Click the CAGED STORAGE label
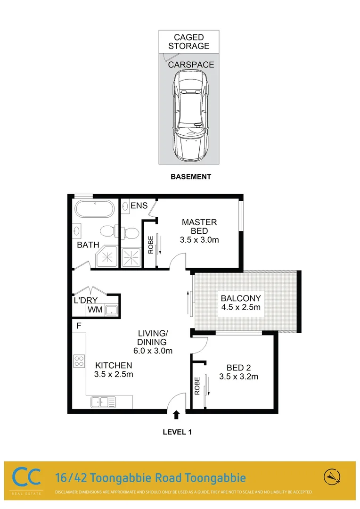point(188,41)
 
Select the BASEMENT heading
point(190,177)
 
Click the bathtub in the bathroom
point(95,209)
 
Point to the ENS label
point(139,205)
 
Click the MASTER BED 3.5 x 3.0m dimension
point(199,239)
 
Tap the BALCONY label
point(241,298)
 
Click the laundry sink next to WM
point(111,310)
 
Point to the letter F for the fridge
point(79,326)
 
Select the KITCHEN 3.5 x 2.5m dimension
point(114,375)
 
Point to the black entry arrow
point(176,415)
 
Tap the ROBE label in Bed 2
point(197,386)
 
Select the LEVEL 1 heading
point(177,431)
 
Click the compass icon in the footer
point(332,477)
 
